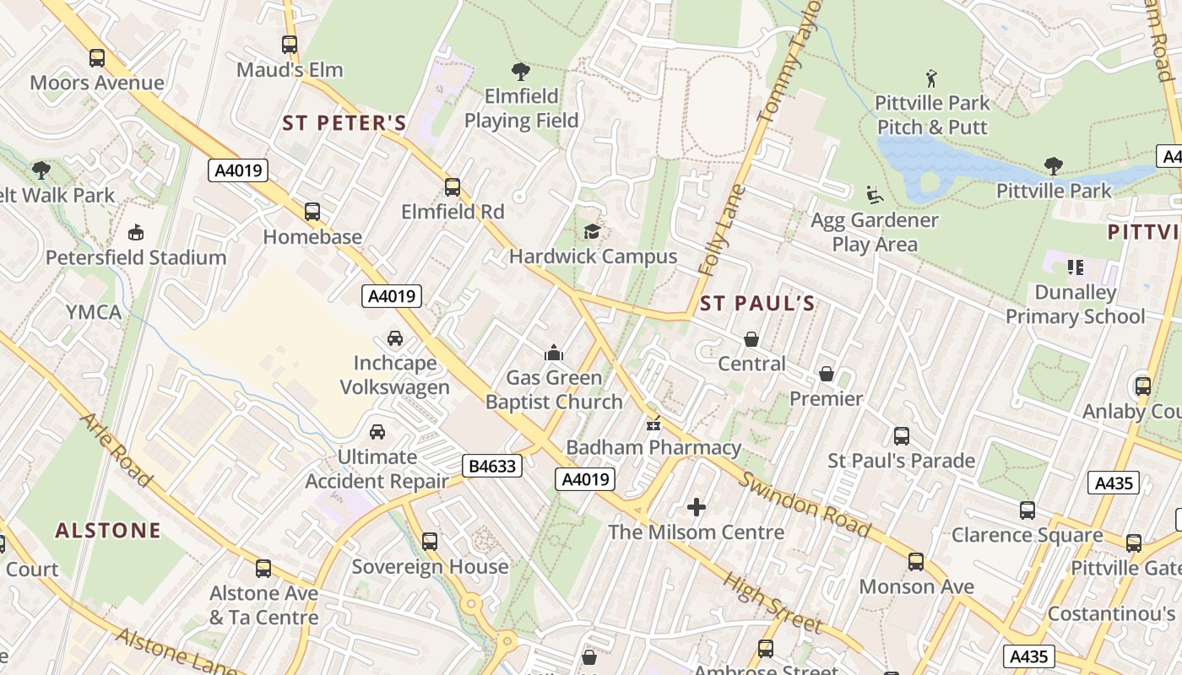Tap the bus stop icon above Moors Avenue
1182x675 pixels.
pyautogui.click(x=97, y=58)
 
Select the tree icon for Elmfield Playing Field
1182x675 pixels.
pyautogui.click(x=521, y=71)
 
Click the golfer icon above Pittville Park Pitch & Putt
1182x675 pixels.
pyautogui.click(x=931, y=78)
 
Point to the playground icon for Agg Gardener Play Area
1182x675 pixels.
pyautogui.click(x=875, y=195)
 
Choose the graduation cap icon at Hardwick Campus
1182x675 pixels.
pyautogui.click(x=593, y=231)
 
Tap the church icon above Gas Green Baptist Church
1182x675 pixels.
pyautogui.click(x=554, y=352)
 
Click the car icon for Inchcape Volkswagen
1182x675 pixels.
pyautogui.click(x=394, y=338)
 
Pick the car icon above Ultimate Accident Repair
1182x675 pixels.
pyautogui.click(x=377, y=431)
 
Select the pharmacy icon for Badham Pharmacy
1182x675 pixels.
pyautogui.click(x=653, y=424)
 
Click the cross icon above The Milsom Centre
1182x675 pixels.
pyautogui.click(x=697, y=506)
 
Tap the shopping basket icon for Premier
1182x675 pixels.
pyautogui.click(x=827, y=374)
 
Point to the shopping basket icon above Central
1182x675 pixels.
pyautogui.click(x=751, y=339)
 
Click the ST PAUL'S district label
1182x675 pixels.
pyautogui.click(x=757, y=304)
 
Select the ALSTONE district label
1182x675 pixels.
pyautogui.click(x=108, y=530)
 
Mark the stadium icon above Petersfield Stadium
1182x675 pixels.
pyautogui.click(x=135, y=232)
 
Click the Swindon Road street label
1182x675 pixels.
pyautogui.click(x=805, y=505)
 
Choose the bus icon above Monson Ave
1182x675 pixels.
pyautogui.click(x=916, y=561)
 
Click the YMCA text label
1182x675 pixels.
pyautogui.click(x=94, y=312)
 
